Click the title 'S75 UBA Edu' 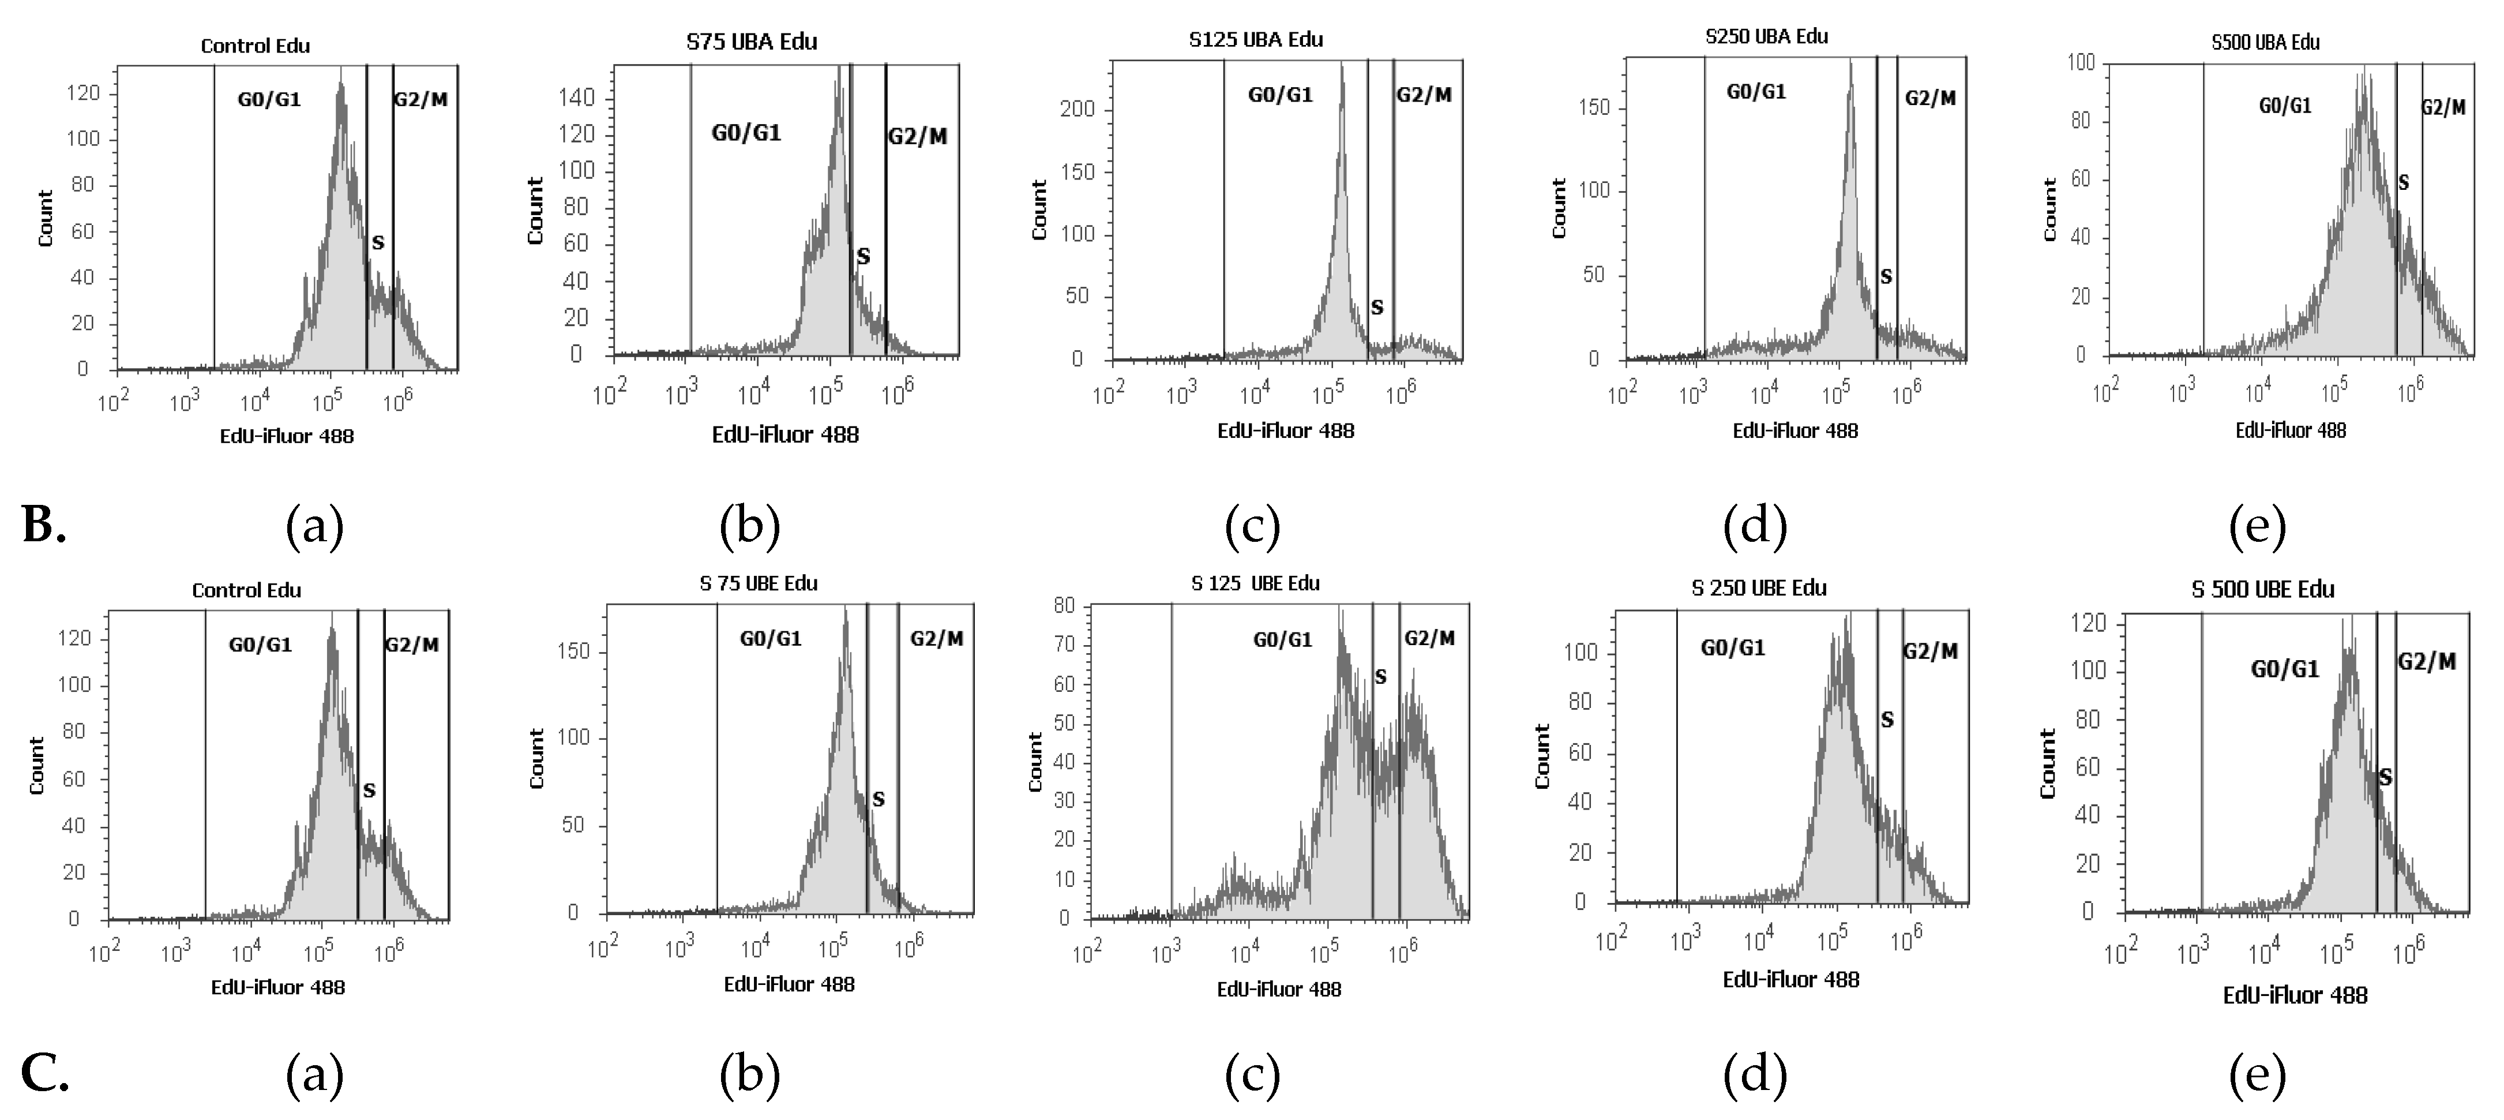click(752, 42)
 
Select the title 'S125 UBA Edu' click(1256, 40)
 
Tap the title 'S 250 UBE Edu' click(1758, 588)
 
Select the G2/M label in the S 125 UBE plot click(1429, 638)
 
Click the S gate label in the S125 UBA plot click(1376, 307)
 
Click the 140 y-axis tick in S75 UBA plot click(576, 97)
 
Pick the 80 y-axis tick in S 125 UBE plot click(1064, 606)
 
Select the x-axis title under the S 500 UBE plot click(2294, 995)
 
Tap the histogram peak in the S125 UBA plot click(1342, 68)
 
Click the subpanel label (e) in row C click(2257, 1074)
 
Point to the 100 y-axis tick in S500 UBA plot click(2080, 62)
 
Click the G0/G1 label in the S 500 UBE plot click(2284, 669)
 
